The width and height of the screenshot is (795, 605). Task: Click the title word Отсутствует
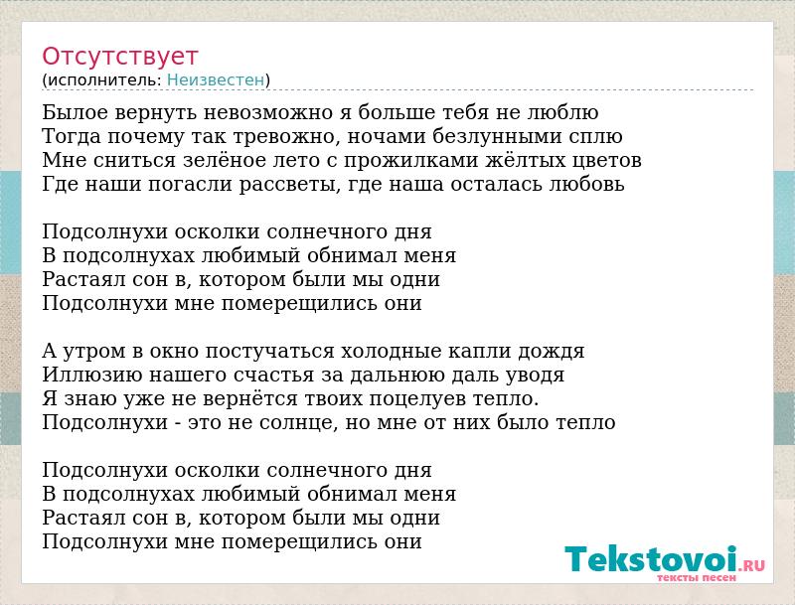coord(119,57)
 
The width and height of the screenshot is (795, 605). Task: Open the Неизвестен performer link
coord(216,80)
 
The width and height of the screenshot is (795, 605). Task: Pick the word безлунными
coord(497,136)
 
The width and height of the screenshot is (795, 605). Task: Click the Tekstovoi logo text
coord(651,559)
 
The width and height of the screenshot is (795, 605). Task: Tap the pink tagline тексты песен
coord(697,577)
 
